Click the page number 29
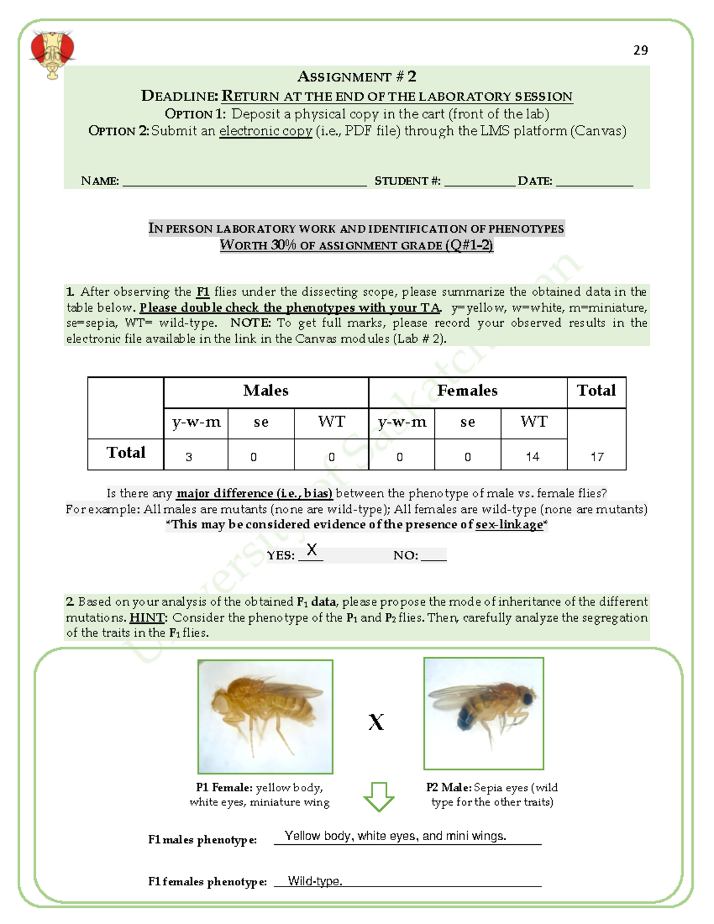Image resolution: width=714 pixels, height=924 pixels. coord(640,51)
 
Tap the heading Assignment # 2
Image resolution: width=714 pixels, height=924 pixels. coord(356,77)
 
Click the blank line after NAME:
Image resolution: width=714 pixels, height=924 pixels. coord(244,182)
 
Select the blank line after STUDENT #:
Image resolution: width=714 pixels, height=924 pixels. coord(479,182)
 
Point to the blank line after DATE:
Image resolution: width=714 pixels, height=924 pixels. coord(594,182)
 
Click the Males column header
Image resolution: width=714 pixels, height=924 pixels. coord(265,391)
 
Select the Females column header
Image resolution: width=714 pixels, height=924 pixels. coord(467,391)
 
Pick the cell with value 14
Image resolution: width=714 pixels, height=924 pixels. coord(533,457)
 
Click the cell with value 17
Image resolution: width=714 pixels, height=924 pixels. coord(597,457)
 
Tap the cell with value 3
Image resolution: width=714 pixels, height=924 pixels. coord(189,457)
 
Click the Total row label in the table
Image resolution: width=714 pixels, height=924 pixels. coord(126,453)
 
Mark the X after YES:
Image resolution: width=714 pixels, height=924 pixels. coord(311,550)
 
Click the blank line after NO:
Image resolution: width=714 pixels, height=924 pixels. coord(433,556)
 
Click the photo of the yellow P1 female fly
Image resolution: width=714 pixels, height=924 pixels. coord(265,716)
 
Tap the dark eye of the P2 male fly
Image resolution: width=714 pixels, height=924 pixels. coord(527,697)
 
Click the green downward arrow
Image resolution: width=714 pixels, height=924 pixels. coord(378,797)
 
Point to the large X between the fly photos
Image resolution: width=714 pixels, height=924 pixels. coord(376,722)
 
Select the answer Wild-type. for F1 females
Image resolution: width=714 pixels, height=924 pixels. coord(315,881)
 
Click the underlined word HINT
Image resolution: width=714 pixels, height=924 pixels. coord(146,618)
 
